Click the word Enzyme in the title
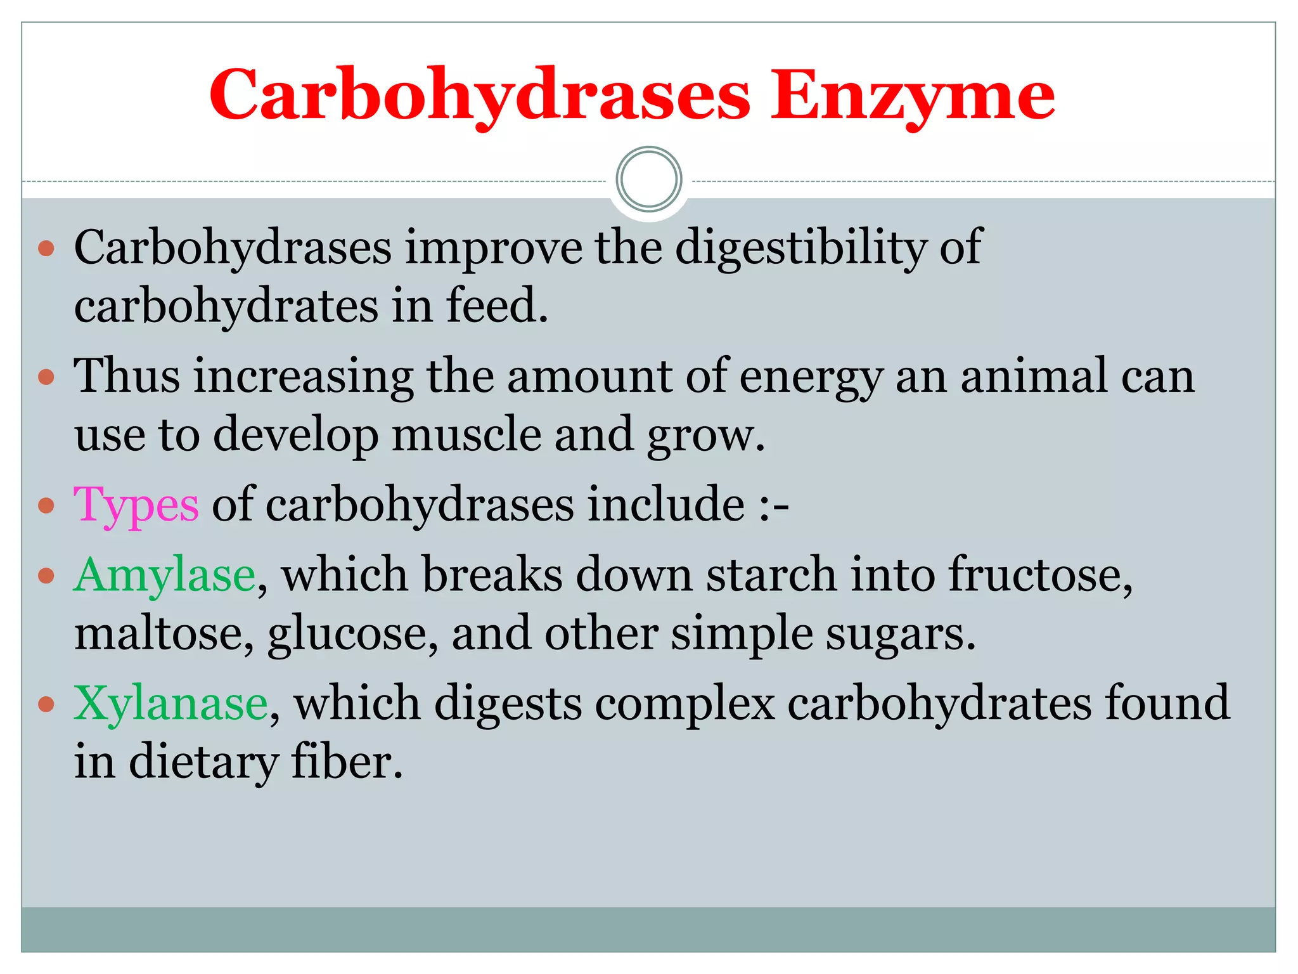point(912,96)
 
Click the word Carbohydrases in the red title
point(480,96)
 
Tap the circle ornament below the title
point(648,179)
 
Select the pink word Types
point(136,505)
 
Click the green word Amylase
point(165,575)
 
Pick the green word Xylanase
point(170,704)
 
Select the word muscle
point(466,436)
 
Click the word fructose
point(1037,575)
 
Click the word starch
point(771,575)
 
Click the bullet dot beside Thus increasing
point(46,377)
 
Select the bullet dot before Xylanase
point(46,704)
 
